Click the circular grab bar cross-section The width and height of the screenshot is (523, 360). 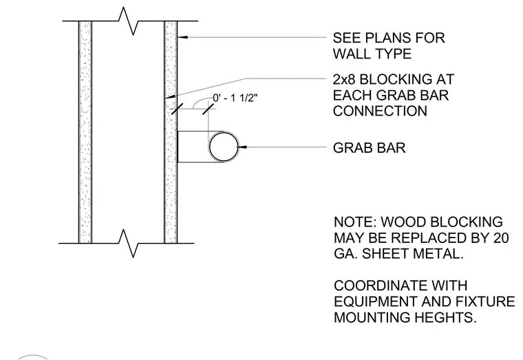pos(209,147)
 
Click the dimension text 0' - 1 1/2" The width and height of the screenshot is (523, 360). pos(235,98)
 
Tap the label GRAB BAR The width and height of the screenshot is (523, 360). pos(370,148)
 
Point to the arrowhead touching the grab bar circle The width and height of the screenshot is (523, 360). pos(242,147)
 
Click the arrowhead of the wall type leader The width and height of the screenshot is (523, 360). pos(182,36)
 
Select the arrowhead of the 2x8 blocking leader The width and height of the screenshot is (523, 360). pos(170,97)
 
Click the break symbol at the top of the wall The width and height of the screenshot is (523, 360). pos(129,21)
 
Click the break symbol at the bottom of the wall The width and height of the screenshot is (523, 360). pos(129,243)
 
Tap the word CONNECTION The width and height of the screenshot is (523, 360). pos(380,111)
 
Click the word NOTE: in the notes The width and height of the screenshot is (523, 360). pos(355,222)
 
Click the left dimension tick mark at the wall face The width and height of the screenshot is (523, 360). pos(177,109)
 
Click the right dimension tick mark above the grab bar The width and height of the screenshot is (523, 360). pos(208,109)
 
